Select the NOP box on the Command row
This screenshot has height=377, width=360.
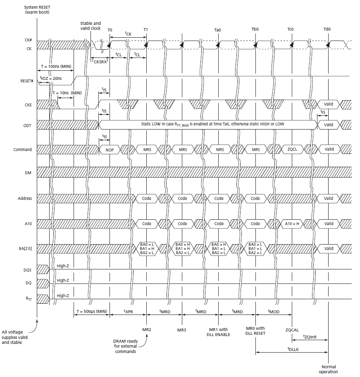point(110,149)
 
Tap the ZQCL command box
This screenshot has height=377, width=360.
point(292,149)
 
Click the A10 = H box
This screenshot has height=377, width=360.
point(292,223)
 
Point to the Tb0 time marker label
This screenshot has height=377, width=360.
point(255,30)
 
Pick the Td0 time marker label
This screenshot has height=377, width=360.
point(327,30)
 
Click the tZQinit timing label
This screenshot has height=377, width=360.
point(310,336)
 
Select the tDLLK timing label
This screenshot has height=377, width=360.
point(293,349)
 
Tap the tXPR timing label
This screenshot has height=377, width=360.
point(128,311)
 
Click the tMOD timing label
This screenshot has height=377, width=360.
point(274,311)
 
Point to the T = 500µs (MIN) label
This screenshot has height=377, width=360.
point(92,311)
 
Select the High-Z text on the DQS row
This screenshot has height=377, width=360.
point(62,265)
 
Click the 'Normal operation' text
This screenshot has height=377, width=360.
point(328,369)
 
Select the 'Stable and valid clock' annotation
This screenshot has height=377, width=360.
point(91,26)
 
